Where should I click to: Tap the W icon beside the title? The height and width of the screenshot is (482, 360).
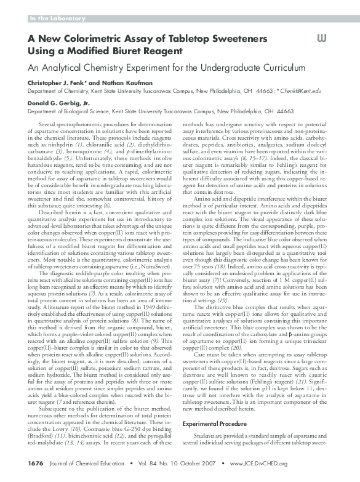[x=322, y=38]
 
